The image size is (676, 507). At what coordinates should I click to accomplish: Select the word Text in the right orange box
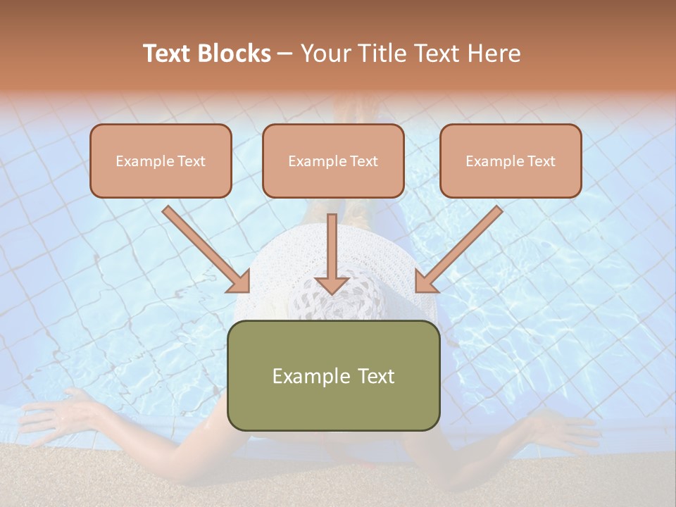click(x=541, y=161)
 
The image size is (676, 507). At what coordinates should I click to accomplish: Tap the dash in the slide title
click(x=285, y=54)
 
